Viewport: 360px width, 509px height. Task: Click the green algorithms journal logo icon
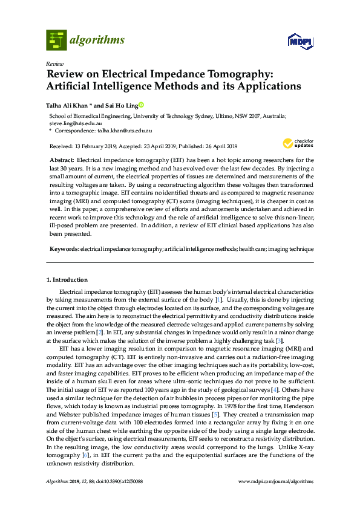(x=56, y=41)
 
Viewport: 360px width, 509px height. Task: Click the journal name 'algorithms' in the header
(x=97, y=41)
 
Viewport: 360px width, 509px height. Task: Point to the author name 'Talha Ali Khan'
(x=68, y=105)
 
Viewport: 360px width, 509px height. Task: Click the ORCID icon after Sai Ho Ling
(x=142, y=105)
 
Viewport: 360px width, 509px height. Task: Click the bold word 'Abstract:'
(x=62, y=160)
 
